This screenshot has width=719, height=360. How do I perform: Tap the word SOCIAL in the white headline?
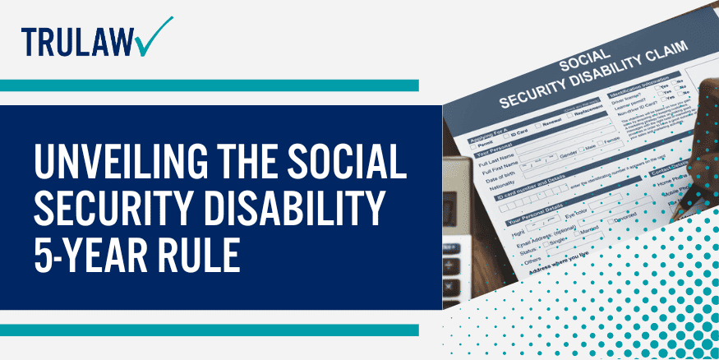click(x=348, y=164)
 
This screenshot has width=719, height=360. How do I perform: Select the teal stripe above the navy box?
click(x=210, y=85)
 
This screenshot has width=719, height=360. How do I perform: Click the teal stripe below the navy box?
click(x=210, y=330)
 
